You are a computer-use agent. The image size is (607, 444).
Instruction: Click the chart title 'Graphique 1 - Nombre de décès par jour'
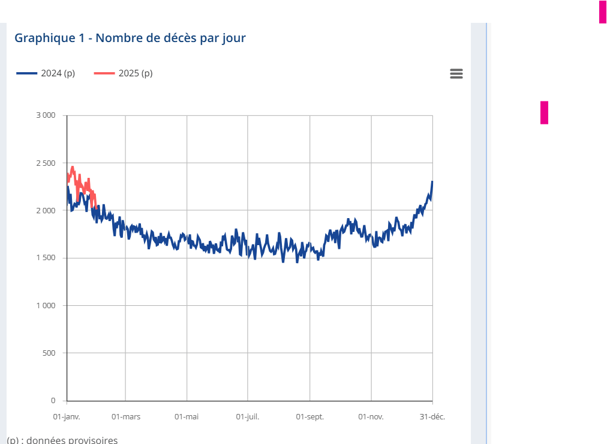click(130, 38)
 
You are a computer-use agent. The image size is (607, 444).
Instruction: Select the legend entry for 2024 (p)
click(46, 73)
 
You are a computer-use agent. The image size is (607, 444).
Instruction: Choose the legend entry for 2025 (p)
click(124, 73)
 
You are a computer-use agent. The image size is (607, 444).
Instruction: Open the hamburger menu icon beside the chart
click(456, 73)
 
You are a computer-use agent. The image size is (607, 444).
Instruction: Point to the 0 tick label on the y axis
click(53, 400)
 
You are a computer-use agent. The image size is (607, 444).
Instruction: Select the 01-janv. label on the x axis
click(67, 416)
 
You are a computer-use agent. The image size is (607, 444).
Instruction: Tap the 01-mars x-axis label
click(126, 416)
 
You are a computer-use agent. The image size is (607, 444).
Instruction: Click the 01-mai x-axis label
click(187, 416)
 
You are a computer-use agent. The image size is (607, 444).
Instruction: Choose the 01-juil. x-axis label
click(248, 416)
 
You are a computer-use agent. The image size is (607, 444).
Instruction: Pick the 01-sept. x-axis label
click(309, 416)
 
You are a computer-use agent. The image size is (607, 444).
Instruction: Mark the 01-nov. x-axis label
click(371, 416)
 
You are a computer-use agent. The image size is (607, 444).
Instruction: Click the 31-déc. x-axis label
click(432, 416)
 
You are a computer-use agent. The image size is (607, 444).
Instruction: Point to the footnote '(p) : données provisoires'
click(62, 440)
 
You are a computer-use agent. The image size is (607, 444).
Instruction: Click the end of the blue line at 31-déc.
click(432, 182)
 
